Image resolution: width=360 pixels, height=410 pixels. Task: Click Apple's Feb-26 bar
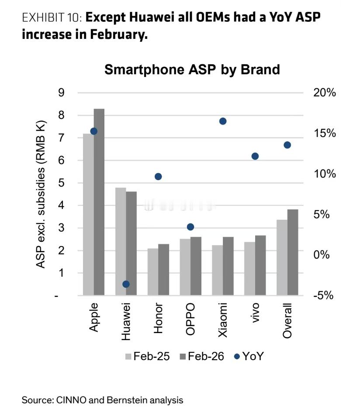[x=99, y=201]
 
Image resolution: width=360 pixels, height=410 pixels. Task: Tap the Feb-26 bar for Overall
[x=293, y=252]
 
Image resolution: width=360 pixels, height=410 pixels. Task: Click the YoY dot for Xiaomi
[x=223, y=121]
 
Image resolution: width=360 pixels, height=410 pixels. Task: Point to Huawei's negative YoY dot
[x=126, y=284]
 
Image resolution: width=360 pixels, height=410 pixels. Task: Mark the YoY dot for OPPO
[x=190, y=227]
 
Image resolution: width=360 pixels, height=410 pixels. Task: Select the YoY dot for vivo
[x=255, y=156]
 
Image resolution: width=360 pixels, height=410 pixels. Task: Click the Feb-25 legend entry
[x=144, y=356]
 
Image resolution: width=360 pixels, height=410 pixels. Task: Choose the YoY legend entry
[x=249, y=356]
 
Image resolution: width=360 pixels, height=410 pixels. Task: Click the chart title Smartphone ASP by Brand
[x=192, y=69]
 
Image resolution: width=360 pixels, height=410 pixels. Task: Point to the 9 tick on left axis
[x=62, y=93]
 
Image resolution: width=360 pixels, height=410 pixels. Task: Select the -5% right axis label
[x=323, y=295]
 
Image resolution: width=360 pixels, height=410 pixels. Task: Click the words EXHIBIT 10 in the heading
[x=52, y=18]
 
